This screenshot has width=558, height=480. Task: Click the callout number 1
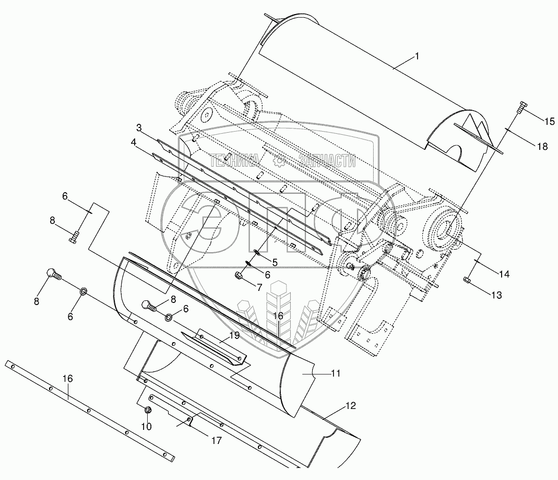(417, 56)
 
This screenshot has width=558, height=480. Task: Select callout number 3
(139, 127)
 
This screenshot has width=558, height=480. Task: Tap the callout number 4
(134, 142)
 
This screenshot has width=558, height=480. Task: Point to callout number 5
(275, 262)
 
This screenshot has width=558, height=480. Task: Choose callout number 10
(147, 426)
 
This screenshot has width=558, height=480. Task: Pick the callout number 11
(336, 373)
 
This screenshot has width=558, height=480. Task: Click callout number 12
(351, 406)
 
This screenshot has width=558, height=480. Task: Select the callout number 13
(496, 295)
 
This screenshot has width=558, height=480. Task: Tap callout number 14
(504, 274)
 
